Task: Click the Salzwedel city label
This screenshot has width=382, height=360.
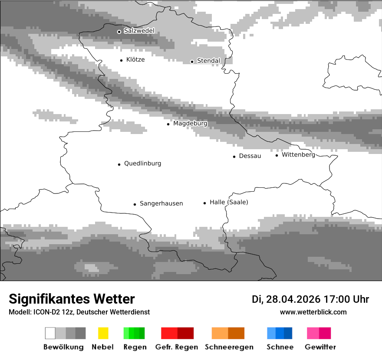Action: (x=139, y=31)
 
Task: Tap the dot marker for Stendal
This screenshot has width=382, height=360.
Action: (x=192, y=62)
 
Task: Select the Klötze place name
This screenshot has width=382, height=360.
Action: (x=135, y=60)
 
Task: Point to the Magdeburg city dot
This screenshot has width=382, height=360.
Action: (x=168, y=124)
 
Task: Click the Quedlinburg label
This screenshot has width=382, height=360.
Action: (x=142, y=164)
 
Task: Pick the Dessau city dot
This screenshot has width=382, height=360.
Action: (x=234, y=157)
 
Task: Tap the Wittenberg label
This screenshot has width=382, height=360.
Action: (x=298, y=155)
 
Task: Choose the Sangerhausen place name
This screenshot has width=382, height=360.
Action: (x=161, y=203)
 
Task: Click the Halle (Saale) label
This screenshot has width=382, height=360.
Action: (x=229, y=202)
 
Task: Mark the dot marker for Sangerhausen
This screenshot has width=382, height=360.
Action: (x=135, y=204)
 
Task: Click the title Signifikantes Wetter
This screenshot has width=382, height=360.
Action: (x=72, y=299)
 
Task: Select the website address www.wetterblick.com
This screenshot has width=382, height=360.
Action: (x=313, y=312)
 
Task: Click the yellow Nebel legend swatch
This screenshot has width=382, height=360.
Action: (x=103, y=333)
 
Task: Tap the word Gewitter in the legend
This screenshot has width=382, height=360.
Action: (x=320, y=347)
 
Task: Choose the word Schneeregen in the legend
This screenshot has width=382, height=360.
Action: (x=228, y=347)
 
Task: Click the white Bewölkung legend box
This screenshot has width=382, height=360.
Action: (x=50, y=333)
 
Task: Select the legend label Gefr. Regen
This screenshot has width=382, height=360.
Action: (x=177, y=347)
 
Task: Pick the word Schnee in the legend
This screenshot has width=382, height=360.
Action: (x=280, y=347)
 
